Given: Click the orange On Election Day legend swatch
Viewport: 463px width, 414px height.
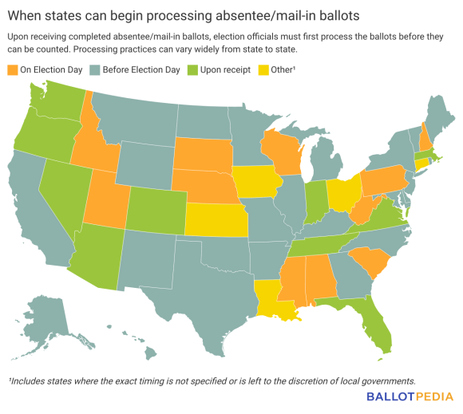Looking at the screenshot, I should pos(13,70).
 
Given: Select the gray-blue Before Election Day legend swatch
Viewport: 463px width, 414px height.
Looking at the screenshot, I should pos(93,70).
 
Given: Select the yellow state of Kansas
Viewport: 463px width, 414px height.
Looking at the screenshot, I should pos(217,218).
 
